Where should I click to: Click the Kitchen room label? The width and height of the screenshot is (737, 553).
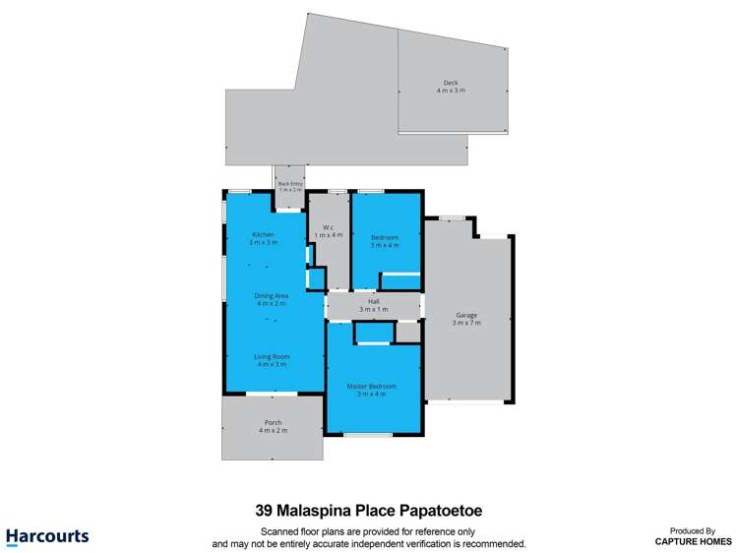pyautogui.click(x=263, y=234)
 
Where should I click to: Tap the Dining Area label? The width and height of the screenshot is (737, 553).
pyautogui.click(x=272, y=295)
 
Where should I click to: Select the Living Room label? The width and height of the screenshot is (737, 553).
pyautogui.click(x=272, y=356)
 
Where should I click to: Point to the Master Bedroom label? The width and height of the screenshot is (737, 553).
pyautogui.click(x=372, y=387)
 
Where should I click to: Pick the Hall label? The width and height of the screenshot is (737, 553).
pyautogui.click(x=374, y=302)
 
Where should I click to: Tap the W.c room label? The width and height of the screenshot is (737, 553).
pyautogui.click(x=322, y=228)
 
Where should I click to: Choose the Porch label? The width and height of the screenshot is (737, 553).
pyautogui.click(x=273, y=423)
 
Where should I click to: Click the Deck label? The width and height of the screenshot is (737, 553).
pyautogui.click(x=451, y=83)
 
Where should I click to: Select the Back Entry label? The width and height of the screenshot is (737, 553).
pyautogui.click(x=290, y=183)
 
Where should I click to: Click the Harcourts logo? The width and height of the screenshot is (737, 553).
pyautogui.click(x=47, y=537)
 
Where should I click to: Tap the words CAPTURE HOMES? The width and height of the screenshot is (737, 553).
pyautogui.click(x=694, y=541)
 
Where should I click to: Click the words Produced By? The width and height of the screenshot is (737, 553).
pyautogui.click(x=694, y=530)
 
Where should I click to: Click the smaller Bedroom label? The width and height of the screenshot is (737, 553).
pyautogui.click(x=385, y=237)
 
